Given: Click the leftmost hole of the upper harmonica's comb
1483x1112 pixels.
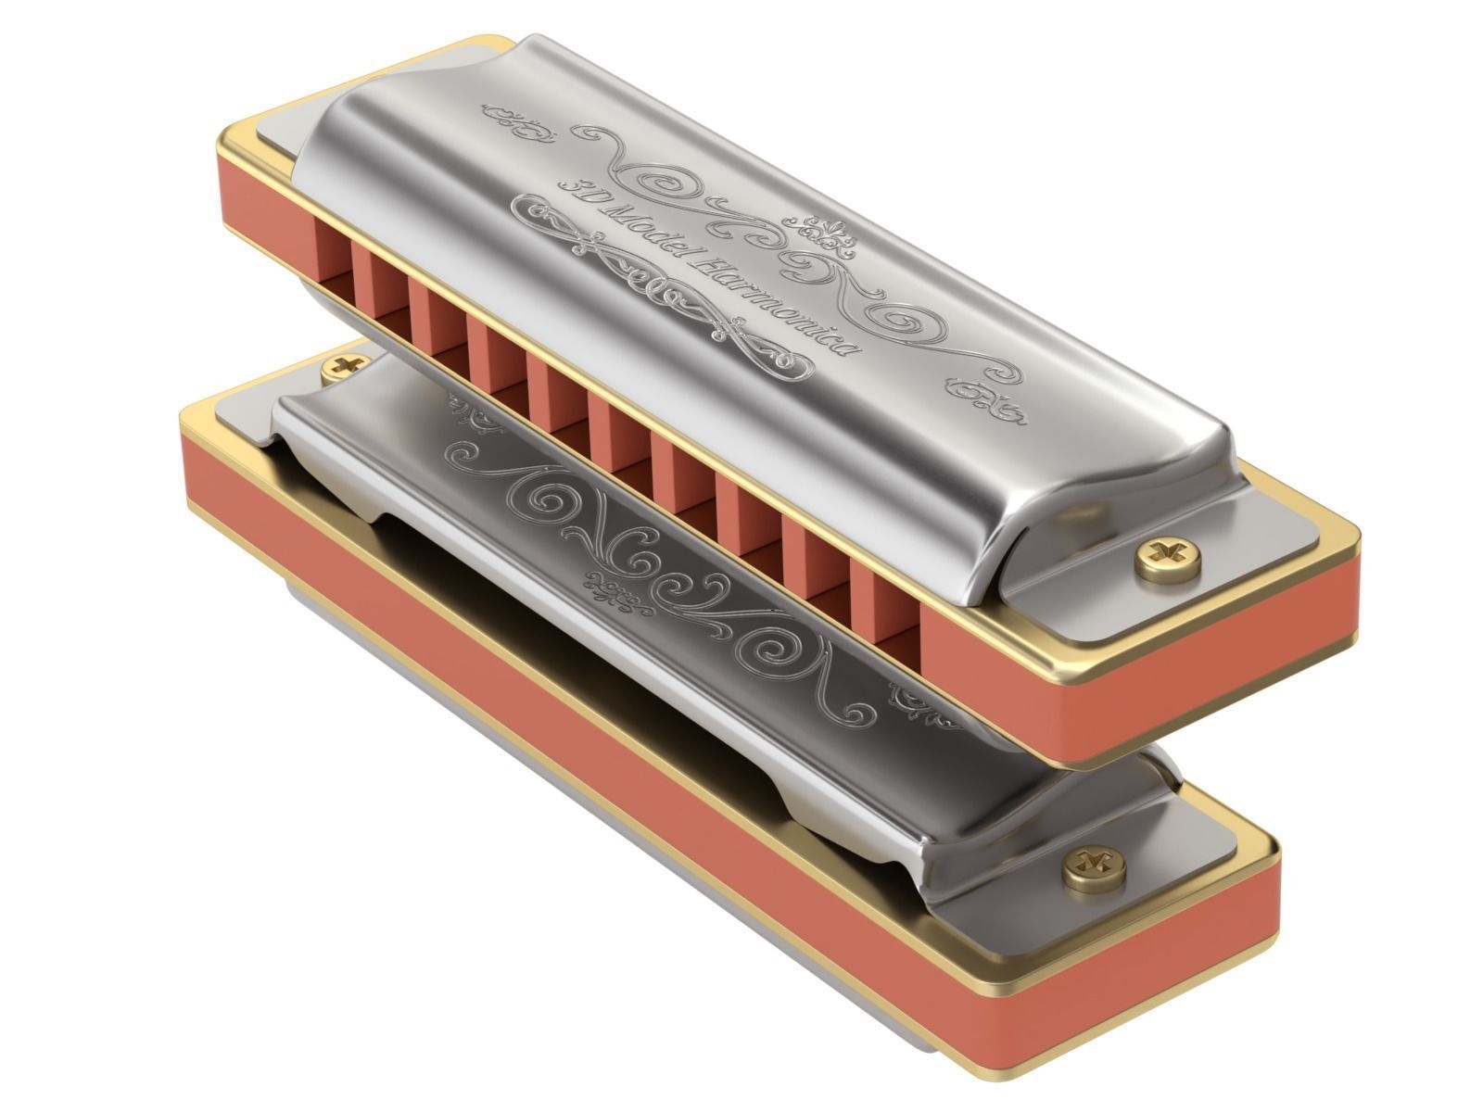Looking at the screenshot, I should tap(332, 255).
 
